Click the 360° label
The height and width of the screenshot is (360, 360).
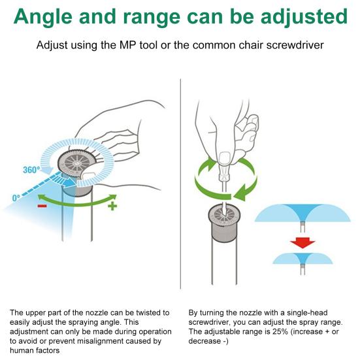coord(31,170)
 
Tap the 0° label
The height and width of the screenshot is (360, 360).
coord(16,198)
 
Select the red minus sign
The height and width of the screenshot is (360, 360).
coord(42,206)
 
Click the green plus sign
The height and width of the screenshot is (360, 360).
coord(112,206)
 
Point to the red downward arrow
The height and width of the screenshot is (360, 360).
coord(303,243)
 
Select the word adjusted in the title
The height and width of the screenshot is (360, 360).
coord(304,16)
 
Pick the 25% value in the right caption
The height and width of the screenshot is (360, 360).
coord(280,331)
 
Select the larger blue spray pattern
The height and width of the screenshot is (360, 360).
coord(303,214)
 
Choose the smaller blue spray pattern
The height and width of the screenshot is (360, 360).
coord(303,259)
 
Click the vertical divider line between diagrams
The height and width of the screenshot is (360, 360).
coord(181,184)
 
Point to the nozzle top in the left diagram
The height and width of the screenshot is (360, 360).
coord(76,163)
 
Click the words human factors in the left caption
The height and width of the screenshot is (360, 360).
coord(35,351)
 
